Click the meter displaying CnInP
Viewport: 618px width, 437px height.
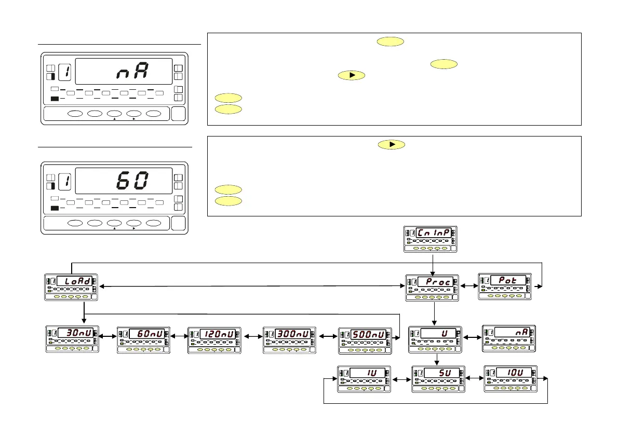(x=430, y=239)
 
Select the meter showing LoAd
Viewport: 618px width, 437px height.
(x=72, y=287)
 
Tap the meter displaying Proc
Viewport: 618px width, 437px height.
(x=432, y=288)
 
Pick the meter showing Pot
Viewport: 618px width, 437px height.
(x=505, y=286)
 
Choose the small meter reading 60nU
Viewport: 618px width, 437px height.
(x=144, y=340)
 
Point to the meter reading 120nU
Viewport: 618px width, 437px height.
(x=214, y=340)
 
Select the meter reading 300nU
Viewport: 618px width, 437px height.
(x=289, y=340)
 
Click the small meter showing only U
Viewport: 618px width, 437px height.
(x=435, y=339)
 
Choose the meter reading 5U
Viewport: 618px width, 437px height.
(x=438, y=379)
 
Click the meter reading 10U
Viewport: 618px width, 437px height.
(x=510, y=378)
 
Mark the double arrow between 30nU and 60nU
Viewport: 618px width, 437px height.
(x=108, y=336)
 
